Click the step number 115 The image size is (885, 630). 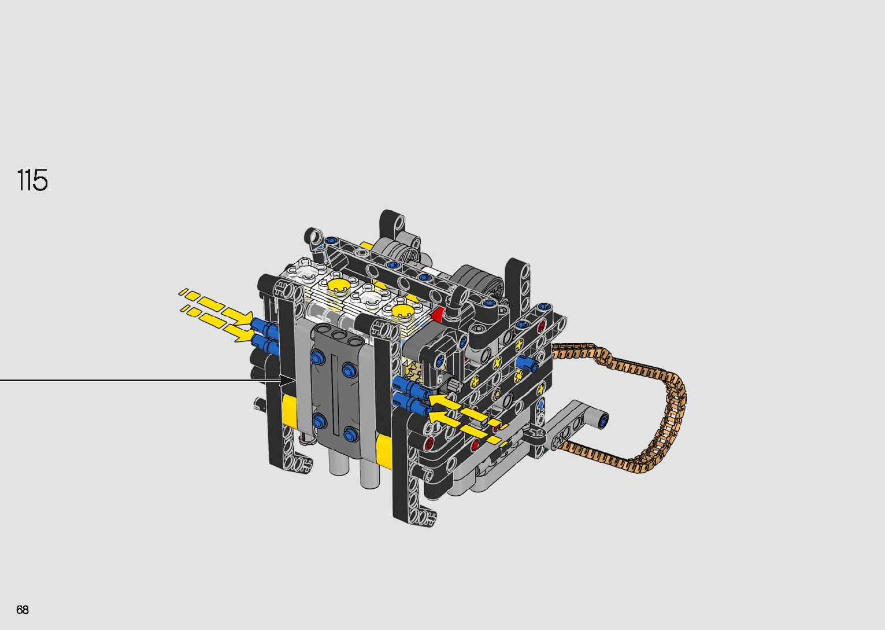click(x=32, y=180)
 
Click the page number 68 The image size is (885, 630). click(x=23, y=609)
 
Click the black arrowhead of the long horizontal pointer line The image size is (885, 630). click(x=287, y=381)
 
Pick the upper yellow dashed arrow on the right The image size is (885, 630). click(x=469, y=411)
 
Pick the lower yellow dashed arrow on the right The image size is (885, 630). click(x=469, y=429)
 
